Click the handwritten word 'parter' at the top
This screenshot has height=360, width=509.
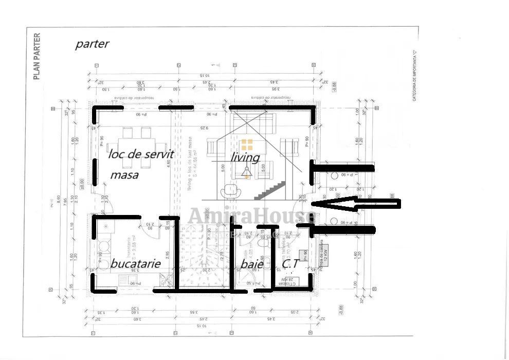92,44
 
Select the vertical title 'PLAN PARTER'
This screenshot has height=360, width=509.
37,57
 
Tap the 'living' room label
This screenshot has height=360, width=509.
245,156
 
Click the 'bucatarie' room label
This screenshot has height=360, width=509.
136,263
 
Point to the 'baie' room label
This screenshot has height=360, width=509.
252,264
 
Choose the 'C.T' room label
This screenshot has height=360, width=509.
290,264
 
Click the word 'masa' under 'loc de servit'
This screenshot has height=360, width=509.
124,175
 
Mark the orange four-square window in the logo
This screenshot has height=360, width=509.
247,145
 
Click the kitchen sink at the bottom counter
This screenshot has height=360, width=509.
164,280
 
